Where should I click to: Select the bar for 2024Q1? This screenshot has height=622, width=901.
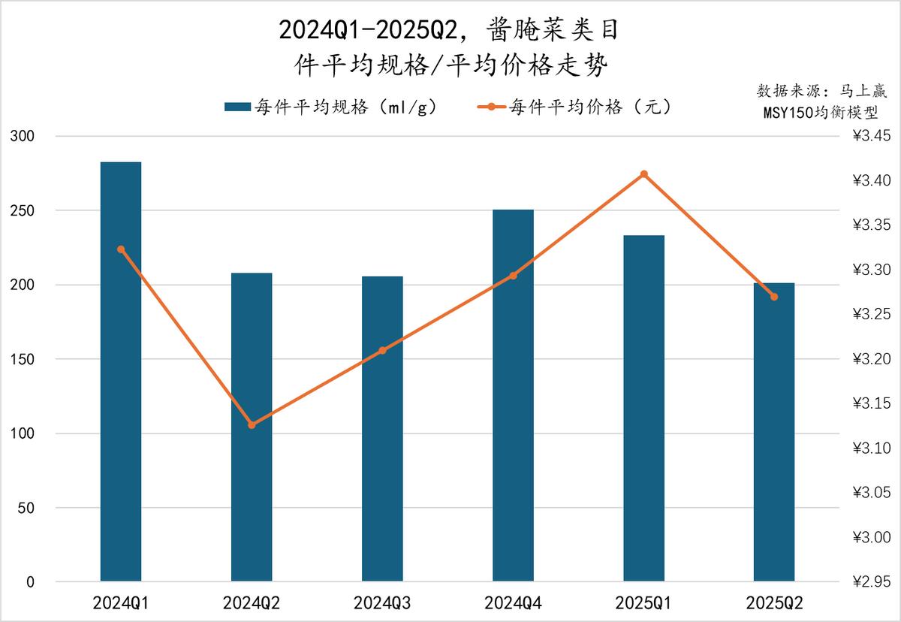121,372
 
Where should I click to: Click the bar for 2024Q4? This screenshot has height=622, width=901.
514,396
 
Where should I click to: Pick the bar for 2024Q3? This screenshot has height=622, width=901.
382,429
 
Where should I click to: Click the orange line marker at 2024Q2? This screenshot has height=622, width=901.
252,425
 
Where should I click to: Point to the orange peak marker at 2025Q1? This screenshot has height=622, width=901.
644,174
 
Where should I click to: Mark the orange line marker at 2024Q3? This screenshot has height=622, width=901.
382,350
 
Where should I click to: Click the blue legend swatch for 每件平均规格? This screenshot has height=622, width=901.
237,107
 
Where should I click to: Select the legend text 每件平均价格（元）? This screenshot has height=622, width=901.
589,107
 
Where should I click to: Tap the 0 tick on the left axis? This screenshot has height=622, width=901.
30,582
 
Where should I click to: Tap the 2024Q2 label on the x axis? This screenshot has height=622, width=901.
252,602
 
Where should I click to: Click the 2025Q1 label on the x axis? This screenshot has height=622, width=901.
644,602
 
